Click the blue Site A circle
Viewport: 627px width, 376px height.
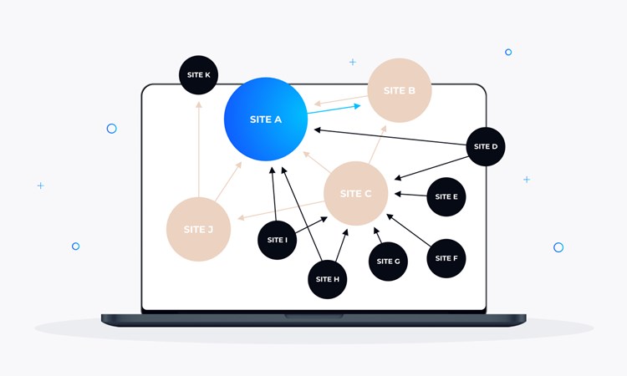coord(266,119)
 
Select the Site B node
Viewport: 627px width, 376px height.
coord(400,90)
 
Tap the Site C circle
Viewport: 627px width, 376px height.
coord(355,193)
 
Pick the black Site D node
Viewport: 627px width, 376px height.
coord(486,146)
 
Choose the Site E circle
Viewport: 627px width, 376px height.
coord(446,197)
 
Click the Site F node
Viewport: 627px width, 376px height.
coord(446,258)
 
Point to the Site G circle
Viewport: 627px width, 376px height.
coord(388,261)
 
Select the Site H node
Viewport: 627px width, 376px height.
coord(328,279)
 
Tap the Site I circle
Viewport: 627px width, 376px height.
coord(278,240)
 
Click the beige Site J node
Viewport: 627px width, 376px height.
coord(198,229)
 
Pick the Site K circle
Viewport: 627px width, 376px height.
coord(199,75)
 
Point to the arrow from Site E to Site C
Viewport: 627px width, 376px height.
coord(410,195)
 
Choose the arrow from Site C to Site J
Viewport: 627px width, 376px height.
coord(281,209)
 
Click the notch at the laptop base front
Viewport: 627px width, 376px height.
coord(313,316)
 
